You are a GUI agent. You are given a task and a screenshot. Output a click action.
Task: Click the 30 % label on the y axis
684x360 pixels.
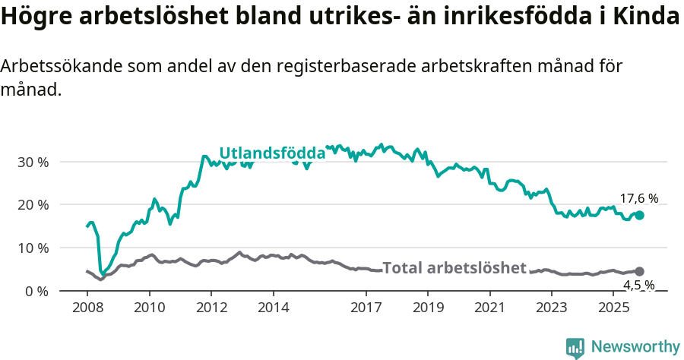coord(32,162)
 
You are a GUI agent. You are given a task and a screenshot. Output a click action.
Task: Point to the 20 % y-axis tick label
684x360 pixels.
coord(32,205)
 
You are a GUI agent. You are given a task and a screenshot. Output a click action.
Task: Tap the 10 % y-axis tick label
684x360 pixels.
coord(32,248)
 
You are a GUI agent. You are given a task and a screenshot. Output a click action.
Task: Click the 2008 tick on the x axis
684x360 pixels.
coord(87,308)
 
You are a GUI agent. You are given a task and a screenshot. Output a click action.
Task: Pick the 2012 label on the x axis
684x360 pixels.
coord(211,308)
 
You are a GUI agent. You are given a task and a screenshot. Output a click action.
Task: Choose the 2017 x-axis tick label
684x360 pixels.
coord(366,308)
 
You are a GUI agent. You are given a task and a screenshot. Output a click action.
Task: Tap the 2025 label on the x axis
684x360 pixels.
coord(613,308)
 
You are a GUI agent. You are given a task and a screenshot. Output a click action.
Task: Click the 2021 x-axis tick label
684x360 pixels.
coord(489,308)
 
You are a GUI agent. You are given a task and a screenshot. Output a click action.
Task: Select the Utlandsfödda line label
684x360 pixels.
coord(272,153)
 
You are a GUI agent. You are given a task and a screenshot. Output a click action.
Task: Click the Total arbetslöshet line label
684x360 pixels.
coord(454,268)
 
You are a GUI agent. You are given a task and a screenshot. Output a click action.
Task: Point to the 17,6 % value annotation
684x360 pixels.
coord(638,199)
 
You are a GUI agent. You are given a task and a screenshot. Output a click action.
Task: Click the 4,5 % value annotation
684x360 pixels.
coord(638,286)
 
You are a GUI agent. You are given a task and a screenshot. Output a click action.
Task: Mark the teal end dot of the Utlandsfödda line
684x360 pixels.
coord(639,216)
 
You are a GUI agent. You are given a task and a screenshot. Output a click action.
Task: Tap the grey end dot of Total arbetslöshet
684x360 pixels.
coord(639,271)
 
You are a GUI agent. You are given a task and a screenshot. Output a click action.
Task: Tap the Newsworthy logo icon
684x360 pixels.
coord(575,348)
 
